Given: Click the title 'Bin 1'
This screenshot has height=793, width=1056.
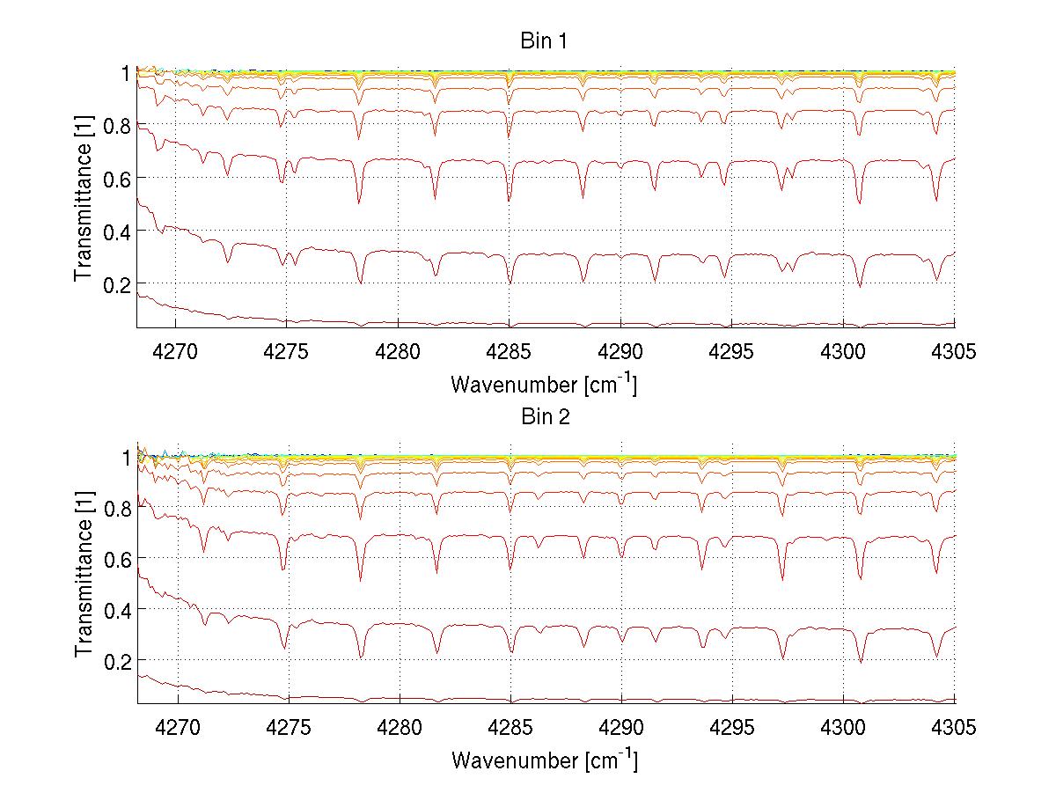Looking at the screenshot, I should pyautogui.click(x=545, y=41).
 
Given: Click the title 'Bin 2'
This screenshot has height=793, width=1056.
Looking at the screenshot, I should pyautogui.click(x=545, y=417).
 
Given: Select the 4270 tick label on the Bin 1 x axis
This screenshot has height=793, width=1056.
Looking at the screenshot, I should pyautogui.click(x=176, y=351).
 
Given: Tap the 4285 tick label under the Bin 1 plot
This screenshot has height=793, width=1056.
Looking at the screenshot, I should pyautogui.click(x=510, y=351).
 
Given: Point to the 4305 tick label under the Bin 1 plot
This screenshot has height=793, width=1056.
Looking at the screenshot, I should pyautogui.click(x=954, y=351).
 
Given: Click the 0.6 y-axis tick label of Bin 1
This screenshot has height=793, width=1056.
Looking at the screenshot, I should pyautogui.click(x=117, y=178).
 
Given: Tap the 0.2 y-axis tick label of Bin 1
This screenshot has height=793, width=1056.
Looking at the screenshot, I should pyautogui.click(x=117, y=284).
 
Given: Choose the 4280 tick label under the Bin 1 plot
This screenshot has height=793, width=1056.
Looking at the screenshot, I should pyautogui.click(x=399, y=351).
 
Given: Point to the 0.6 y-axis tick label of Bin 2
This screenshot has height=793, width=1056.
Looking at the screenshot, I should pyautogui.click(x=117, y=558).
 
